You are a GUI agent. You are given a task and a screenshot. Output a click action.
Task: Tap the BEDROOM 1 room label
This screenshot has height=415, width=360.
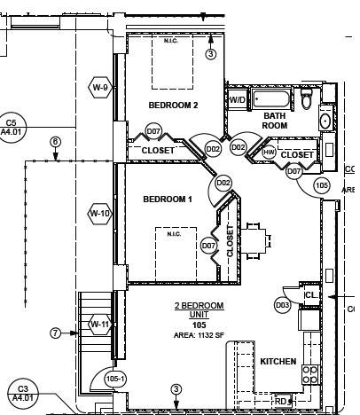pyautogui.click(x=168, y=200)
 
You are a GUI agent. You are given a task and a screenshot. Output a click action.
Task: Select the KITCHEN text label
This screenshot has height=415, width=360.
pyautogui.click(x=278, y=362)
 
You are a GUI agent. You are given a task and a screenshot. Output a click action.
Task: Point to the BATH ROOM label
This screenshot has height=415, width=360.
pyautogui.click(x=275, y=121)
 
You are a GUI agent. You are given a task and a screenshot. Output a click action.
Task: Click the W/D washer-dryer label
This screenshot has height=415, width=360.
pyautogui.click(x=238, y=99)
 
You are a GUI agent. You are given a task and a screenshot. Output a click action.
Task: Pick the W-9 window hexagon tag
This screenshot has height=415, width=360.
pyautogui.click(x=100, y=88)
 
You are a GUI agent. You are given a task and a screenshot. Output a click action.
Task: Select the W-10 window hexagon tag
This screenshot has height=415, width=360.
pyautogui.click(x=99, y=213)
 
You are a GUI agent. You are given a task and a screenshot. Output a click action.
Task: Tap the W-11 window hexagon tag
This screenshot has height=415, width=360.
pyautogui.click(x=99, y=325)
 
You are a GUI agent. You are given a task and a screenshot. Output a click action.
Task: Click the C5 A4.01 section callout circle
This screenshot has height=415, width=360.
pyautogui.click(x=12, y=128)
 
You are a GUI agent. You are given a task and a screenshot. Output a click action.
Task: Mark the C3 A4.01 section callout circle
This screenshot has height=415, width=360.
pyautogui.click(x=24, y=394)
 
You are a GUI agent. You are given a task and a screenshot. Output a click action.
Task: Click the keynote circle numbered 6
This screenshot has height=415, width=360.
pyautogui.click(x=55, y=142)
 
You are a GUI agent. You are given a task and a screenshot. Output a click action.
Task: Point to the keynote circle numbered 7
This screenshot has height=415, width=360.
pyautogui.click(x=55, y=333)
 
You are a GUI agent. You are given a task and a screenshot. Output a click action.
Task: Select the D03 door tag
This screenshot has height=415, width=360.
pyautogui.click(x=283, y=305)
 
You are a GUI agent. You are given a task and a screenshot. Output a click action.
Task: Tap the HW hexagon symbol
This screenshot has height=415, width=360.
pyautogui.click(x=270, y=153)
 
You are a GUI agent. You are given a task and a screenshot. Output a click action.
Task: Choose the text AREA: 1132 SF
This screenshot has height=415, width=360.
pyautogui.click(x=199, y=336)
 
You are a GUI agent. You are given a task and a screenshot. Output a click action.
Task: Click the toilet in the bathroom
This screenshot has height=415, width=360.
pyautogui.click(x=308, y=100)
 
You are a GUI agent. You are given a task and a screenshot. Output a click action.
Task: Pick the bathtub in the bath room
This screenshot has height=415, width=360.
pyautogui.click(x=273, y=98)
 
